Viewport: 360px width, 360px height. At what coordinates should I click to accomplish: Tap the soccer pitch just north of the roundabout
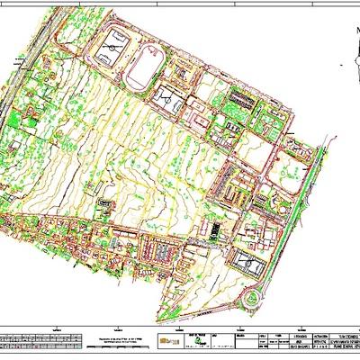click(248, 263)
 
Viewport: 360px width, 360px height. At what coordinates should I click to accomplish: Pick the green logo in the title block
click(193, 341)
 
